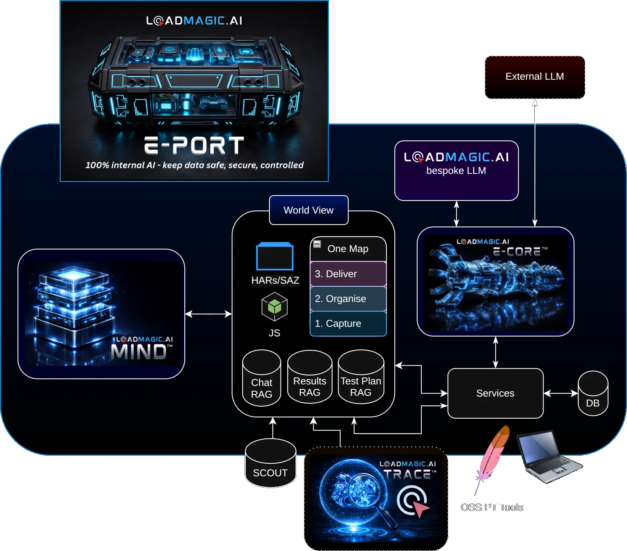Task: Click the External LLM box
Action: coord(535,77)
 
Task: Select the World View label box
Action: coord(308,210)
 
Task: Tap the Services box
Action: coord(495,393)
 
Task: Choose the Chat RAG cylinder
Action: coord(261,381)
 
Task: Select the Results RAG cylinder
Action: coord(309,380)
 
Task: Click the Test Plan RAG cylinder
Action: coord(361,380)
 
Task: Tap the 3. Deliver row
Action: coord(348,274)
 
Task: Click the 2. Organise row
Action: coord(348,299)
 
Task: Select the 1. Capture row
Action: coord(348,323)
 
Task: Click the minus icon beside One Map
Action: coord(317,244)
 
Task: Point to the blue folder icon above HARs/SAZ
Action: coord(274,257)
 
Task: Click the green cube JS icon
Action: coord(274,307)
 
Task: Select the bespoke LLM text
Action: coord(456,171)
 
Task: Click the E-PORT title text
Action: coord(194,146)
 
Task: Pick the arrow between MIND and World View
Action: coord(208,314)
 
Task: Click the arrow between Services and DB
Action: coord(560,393)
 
